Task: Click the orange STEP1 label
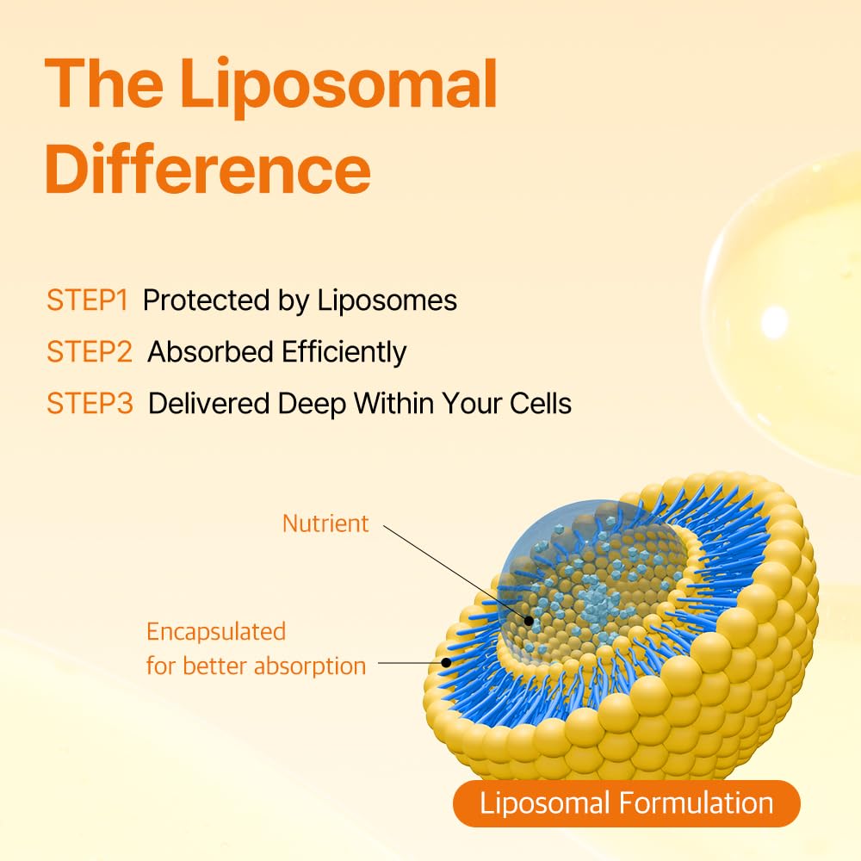[x=87, y=300]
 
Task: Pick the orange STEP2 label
[x=90, y=352]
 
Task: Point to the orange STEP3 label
[x=90, y=404]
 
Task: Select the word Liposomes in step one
[x=387, y=300]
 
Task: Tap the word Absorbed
[x=203, y=352]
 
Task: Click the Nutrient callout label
[x=325, y=523]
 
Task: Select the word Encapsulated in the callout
[x=215, y=631]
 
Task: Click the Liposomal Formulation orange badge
[x=626, y=803]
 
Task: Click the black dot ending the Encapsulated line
[x=446, y=663]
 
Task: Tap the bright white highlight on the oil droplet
[x=775, y=321]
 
